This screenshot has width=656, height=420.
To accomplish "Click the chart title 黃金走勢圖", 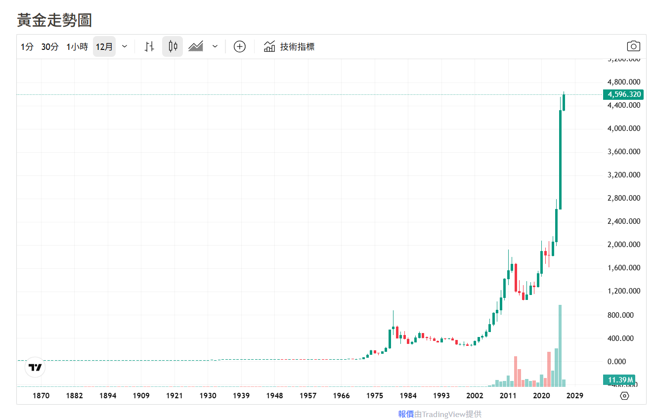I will (x=54, y=20).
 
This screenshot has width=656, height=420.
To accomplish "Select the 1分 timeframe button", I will (x=27, y=47).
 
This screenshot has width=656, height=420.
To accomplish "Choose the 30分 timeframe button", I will (x=49, y=47).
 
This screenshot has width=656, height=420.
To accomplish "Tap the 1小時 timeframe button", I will (x=77, y=47).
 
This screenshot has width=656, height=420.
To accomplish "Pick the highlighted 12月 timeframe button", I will (x=104, y=47).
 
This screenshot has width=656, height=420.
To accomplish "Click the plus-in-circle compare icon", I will (x=240, y=47).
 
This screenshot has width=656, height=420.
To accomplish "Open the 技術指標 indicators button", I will (x=289, y=47).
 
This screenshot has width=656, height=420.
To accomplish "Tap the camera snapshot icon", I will (x=633, y=46).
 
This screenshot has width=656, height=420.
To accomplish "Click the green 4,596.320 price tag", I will (x=623, y=94).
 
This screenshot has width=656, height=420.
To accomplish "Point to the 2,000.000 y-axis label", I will (x=623, y=245).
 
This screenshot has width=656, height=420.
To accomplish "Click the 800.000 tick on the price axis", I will (x=623, y=315).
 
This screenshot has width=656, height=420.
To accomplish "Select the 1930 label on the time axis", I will (x=208, y=396).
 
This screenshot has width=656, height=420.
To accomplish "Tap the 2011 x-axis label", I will (x=508, y=396).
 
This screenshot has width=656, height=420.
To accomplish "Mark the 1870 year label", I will (x=41, y=396).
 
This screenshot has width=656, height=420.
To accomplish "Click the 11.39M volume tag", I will (x=619, y=380).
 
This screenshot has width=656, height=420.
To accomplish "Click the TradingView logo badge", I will (x=35, y=367).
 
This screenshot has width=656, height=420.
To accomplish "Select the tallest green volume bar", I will (x=560, y=345).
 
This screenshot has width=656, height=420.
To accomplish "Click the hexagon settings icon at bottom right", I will (x=624, y=396).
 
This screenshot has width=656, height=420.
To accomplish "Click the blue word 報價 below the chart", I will (x=406, y=414).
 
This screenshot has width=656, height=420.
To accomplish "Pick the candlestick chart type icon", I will (x=173, y=47).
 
